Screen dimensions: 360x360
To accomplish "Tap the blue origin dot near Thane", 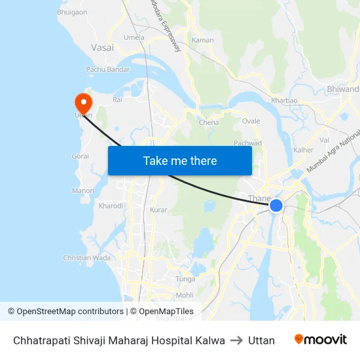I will (x=276, y=206).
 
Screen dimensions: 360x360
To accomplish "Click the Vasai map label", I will (x=102, y=48).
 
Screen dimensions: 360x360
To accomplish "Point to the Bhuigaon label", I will (x=72, y=12).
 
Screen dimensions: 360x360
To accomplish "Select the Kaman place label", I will (x=202, y=41).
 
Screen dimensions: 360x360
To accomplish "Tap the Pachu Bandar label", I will (x=108, y=69).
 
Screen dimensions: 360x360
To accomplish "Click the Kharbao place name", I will (x=284, y=101).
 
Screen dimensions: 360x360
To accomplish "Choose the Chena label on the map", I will (x=209, y=122).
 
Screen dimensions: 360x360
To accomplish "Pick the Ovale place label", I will (x=251, y=121).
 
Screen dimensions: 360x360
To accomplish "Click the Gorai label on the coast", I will (x=80, y=157).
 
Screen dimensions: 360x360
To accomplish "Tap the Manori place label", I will (x=82, y=190).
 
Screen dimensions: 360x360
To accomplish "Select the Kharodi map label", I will (x=111, y=206).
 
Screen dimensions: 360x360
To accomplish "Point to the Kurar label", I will (x=158, y=210).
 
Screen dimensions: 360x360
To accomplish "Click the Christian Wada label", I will (x=86, y=258).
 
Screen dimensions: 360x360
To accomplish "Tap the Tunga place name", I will (x=186, y=279).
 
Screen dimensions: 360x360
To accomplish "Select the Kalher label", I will (x=303, y=150).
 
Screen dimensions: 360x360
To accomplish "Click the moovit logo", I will (x=320, y=340).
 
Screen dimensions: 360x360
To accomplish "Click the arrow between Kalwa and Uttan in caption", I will (x=236, y=340).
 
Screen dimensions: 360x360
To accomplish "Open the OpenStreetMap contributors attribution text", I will (x=70, y=312).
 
